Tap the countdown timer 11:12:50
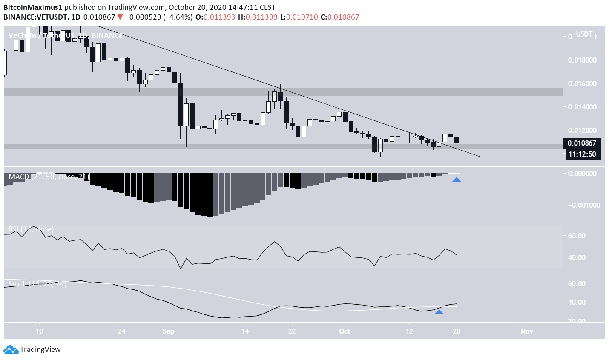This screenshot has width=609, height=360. coord(583,154)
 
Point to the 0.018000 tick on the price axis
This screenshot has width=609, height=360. coord(582,60)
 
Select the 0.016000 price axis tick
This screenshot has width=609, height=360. coord(582,83)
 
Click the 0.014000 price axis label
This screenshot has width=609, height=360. coord(582,107)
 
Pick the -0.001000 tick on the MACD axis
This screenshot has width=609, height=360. coord(584,205)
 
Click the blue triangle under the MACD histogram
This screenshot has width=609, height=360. coord(457,180)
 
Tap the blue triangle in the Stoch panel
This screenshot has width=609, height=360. coord(439,312)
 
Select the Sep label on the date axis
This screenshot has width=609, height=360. coord(168,331)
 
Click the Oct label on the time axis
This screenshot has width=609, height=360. coord(345,331)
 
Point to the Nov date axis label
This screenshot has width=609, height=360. coord(527,331)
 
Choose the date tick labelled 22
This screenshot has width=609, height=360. coord(292,331)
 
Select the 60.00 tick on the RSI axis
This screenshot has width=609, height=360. coord(577,236)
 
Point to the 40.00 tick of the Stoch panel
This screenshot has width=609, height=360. coord(577,302)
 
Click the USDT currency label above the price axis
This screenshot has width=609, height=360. coord(584,34)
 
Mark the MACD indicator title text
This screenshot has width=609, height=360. coord(49,177)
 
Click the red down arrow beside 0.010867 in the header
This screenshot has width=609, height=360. coord(120,17)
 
